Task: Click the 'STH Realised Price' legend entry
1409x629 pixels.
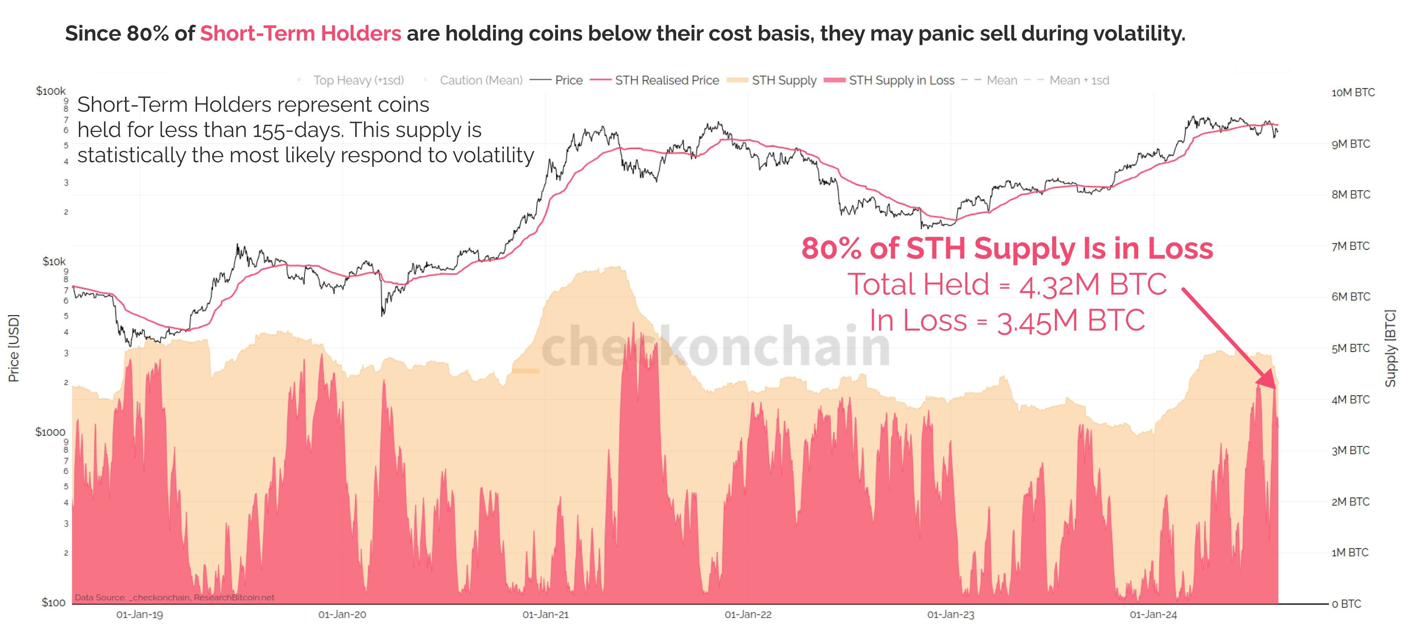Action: [666, 80]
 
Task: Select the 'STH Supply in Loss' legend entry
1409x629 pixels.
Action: [901, 80]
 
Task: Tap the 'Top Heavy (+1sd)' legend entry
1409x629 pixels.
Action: [358, 80]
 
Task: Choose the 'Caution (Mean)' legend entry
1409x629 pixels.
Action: [481, 80]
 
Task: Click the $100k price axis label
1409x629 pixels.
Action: [50, 91]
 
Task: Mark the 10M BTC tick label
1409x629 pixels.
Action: [1352, 93]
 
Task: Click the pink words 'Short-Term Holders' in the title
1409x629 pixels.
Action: [300, 33]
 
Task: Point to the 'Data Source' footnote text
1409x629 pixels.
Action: [174, 597]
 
